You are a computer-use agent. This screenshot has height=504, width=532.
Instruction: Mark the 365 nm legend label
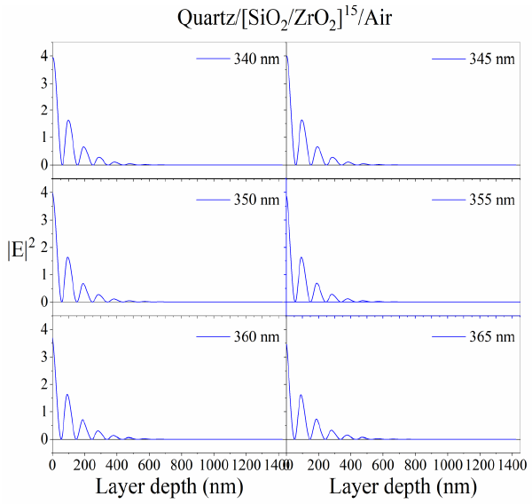pos(493,337)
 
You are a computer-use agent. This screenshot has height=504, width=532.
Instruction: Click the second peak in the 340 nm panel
pos(68,121)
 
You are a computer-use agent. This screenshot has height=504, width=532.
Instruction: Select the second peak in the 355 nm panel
pos(301,257)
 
